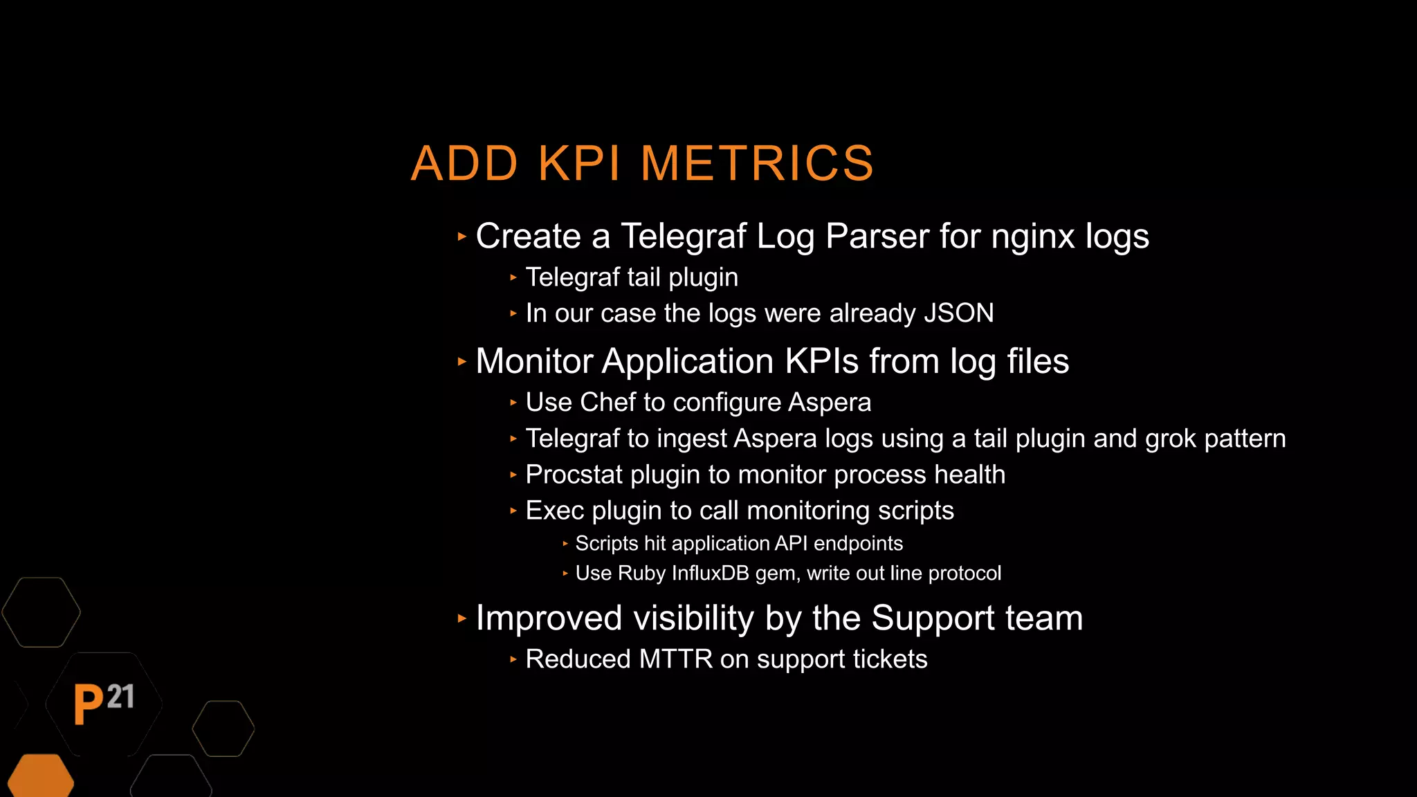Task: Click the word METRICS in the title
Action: click(757, 164)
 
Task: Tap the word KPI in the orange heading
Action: click(578, 164)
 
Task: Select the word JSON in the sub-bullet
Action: click(959, 313)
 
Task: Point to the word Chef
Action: click(607, 403)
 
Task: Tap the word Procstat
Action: click(574, 475)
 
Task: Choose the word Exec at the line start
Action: click(554, 511)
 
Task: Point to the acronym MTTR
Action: click(675, 659)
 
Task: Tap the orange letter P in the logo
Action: click(89, 704)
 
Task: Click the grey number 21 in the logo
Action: click(120, 697)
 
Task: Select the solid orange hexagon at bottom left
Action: click(40, 776)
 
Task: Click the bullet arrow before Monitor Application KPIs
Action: click(462, 362)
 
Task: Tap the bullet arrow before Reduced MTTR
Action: click(513, 660)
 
